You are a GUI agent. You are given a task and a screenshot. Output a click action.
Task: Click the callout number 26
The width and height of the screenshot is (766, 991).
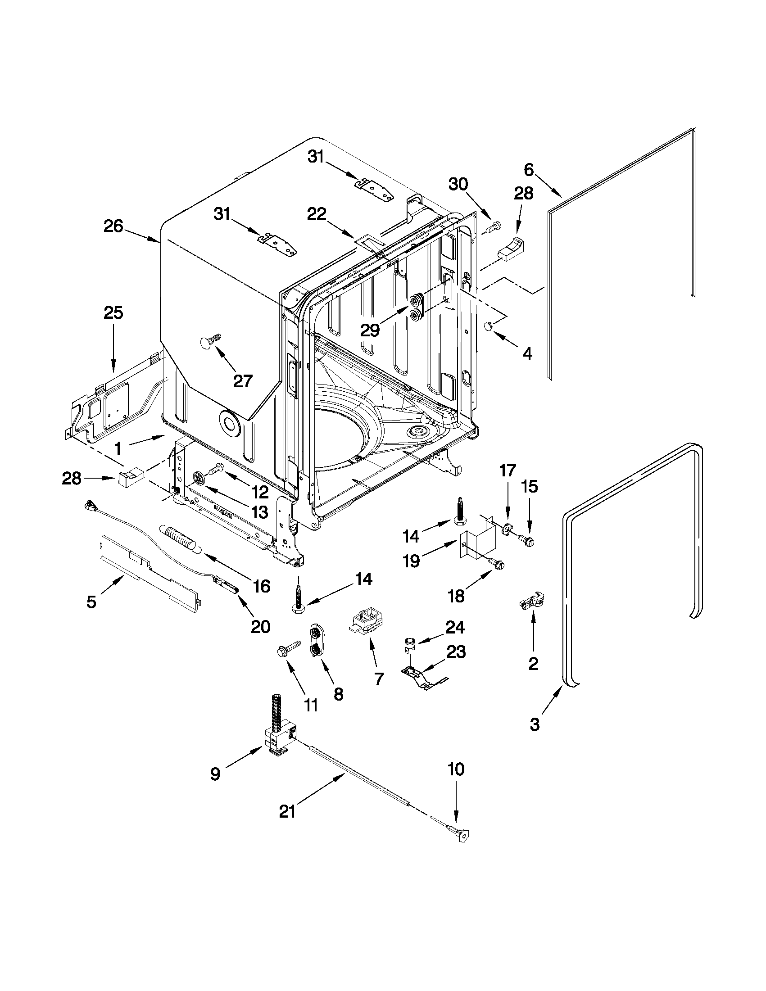coord(113,226)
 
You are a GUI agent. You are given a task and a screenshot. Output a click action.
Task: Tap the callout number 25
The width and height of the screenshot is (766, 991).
coord(113,312)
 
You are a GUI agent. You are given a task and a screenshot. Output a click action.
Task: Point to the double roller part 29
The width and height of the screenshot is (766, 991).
coord(417,307)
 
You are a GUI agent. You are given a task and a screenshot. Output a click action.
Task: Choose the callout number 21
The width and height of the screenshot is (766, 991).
coord(287,811)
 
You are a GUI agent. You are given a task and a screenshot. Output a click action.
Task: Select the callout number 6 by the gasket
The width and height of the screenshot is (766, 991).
coord(529,170)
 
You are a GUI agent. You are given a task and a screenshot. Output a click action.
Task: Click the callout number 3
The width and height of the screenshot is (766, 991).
coord(535,724)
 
